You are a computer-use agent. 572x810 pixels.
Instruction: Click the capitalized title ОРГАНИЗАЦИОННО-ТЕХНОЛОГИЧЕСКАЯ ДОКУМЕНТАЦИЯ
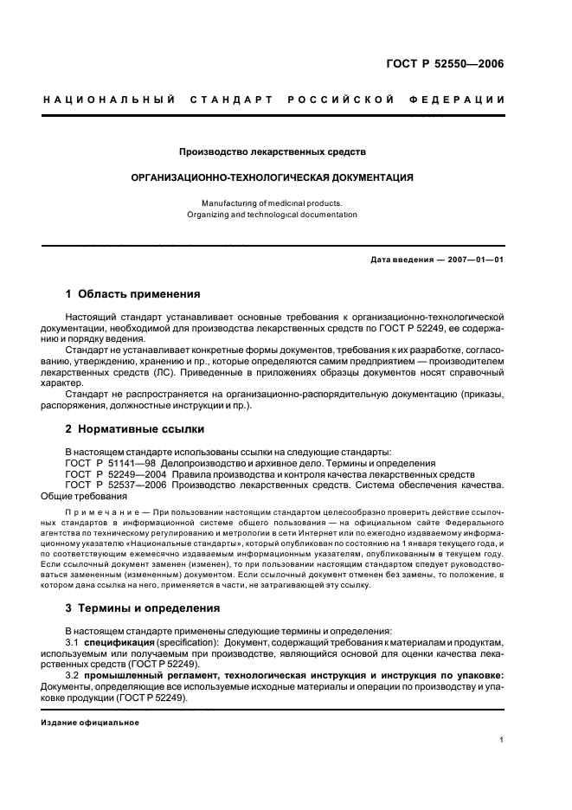click(272, 177)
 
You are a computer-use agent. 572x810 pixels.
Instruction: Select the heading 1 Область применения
click(133, 294)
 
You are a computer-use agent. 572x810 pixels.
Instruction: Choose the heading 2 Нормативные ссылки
click(136, 429)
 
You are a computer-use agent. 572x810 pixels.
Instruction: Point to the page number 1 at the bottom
click(501, 741)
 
